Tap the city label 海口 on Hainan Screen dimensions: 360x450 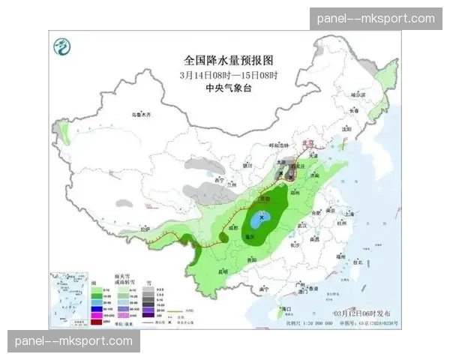point(285,309)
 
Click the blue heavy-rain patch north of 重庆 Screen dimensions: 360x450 point(262,220)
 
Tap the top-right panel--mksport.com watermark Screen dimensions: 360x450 point(376,18)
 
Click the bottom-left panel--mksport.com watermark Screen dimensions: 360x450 point(74,341)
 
